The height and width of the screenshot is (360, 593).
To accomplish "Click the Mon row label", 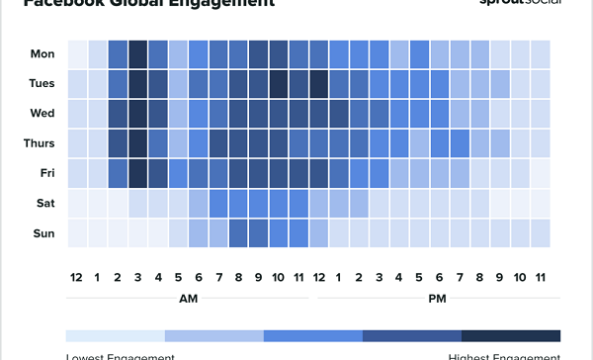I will (42, 54).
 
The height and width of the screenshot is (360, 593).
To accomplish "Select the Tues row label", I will (41, 84).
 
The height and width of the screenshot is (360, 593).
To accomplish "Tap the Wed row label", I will (42, 114).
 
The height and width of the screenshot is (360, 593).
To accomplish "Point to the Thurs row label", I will (39, 143).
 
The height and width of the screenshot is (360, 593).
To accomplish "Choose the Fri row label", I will (45, 173).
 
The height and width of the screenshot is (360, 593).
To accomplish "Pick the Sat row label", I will (44, 203).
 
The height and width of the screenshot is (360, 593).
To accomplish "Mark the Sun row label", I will (43, 232).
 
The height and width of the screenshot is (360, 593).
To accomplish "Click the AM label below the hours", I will (188, 296).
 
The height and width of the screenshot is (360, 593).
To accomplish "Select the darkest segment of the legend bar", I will (511, 335).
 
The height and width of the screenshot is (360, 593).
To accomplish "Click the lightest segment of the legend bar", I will (115, 335).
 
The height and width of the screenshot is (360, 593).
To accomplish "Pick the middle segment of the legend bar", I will (313, 335).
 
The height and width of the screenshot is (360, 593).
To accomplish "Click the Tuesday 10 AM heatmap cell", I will (279, 84).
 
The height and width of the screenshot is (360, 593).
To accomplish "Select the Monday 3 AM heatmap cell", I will (137, 54).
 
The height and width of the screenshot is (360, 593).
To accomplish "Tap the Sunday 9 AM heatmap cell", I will (259, 232).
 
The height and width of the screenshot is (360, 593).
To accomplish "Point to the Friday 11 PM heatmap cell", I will (541, 173).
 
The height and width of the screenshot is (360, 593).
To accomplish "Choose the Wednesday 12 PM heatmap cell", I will (319, 114).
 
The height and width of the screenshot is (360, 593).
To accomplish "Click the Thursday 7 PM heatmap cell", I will (460, 143).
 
